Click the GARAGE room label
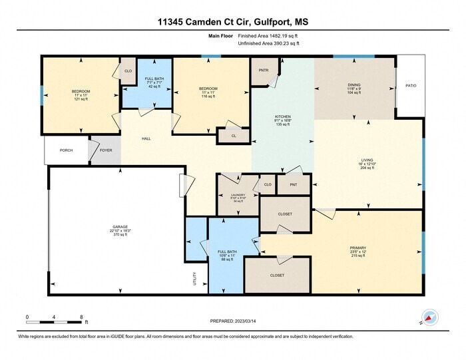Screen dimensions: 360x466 (x=120, y=227)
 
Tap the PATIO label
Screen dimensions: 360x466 (x=411, y=86)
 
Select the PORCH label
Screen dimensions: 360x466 (x=66, y=150)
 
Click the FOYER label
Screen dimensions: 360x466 (x=106, y=150)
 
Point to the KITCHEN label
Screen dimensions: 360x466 (x=284, y=117)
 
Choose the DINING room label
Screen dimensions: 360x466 (x=353, y=85)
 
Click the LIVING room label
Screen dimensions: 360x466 (x=367, y=160)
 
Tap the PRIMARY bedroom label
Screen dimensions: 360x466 (x=358, y=248)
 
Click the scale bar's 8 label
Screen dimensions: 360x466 (x=81, y=317)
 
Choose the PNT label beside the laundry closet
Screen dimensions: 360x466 (x=293, y=184)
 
